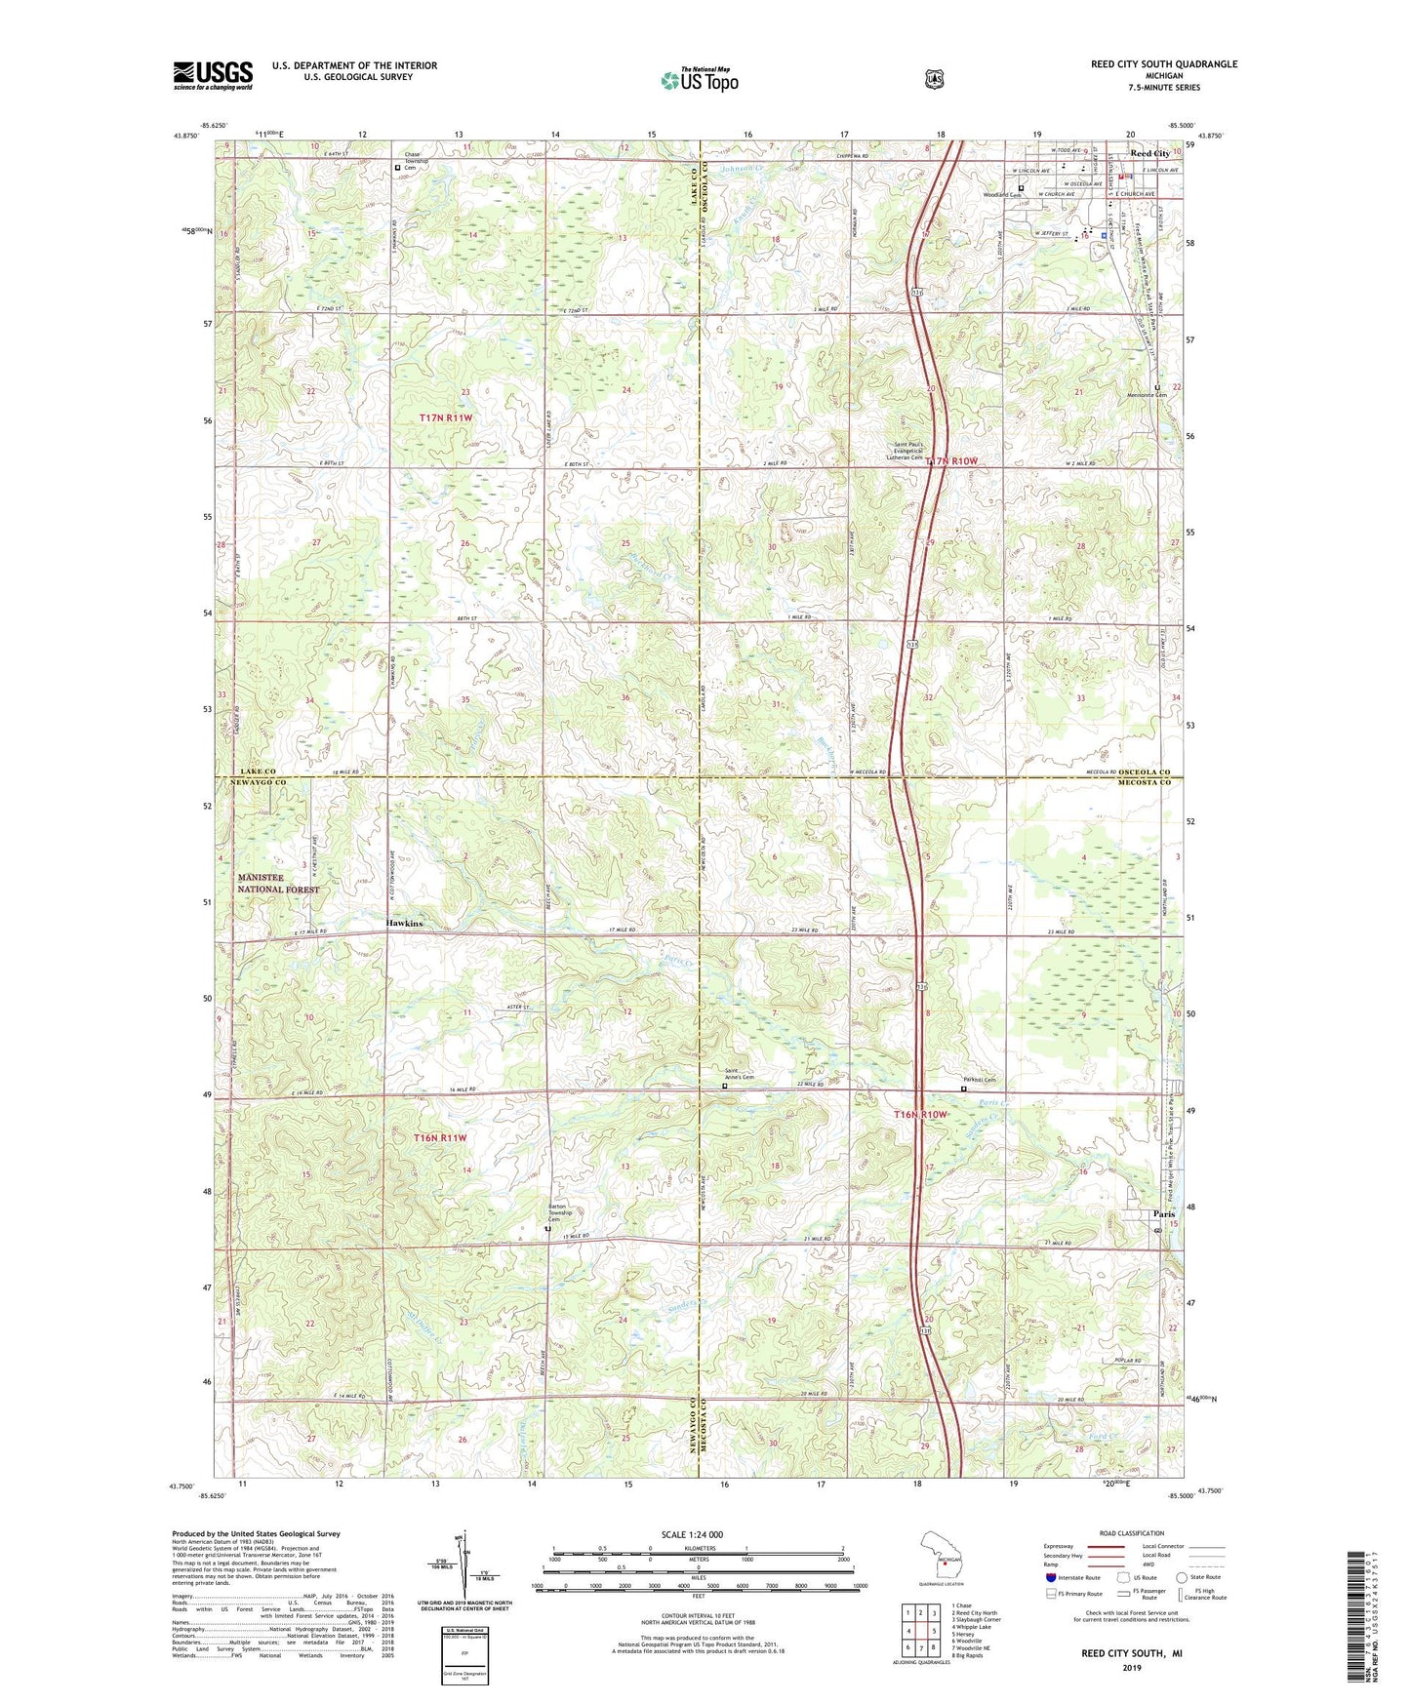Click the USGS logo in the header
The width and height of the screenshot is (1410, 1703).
(213, 75)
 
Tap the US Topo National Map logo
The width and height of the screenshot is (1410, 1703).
(700, 79)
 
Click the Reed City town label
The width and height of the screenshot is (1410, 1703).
(1148, 154)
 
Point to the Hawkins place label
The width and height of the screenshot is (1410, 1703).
(404, 923)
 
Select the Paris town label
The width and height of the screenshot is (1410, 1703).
(1163, 1213)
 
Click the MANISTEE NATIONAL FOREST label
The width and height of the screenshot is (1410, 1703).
(278, 884)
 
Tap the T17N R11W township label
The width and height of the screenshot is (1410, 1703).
(446, 417)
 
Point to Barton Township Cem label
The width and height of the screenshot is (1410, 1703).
(557, 1212)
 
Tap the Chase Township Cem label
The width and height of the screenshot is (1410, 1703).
(413, 161)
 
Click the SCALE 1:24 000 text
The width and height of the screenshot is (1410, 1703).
(691, 1534)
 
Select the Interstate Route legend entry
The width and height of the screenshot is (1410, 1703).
(1072, 1577)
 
